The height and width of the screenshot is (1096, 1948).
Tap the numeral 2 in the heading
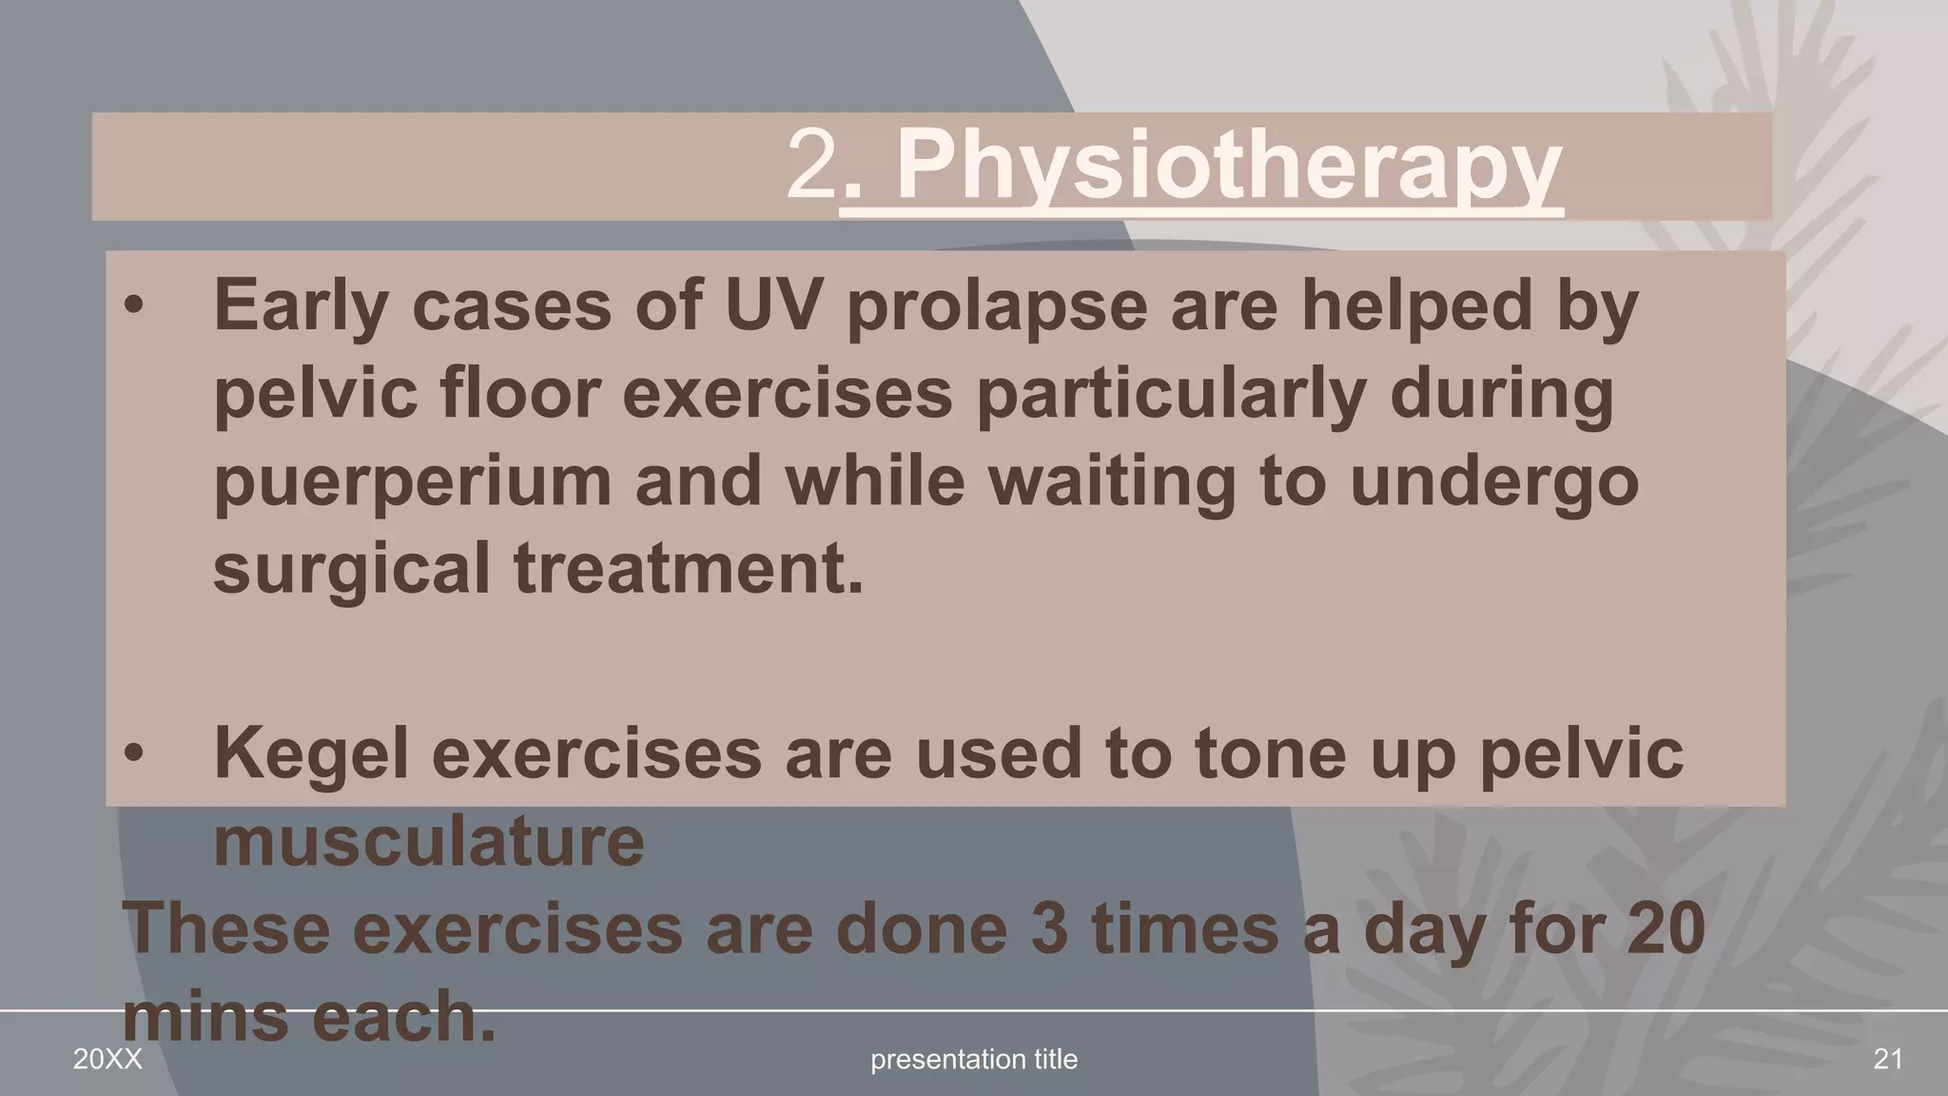(x=811, y=166)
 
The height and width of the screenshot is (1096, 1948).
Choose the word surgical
(x=351, y=569)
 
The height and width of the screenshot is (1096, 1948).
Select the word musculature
(x=429, y=841)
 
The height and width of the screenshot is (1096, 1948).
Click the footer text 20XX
(x=107, y=1059)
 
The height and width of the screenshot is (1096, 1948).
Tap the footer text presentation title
(x=974, y=1059)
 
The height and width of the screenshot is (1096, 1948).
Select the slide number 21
(x=1887, y=1059)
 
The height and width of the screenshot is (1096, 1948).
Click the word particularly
(x=1171, y=395)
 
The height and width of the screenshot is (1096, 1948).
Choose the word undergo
(x=1494, y=481)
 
